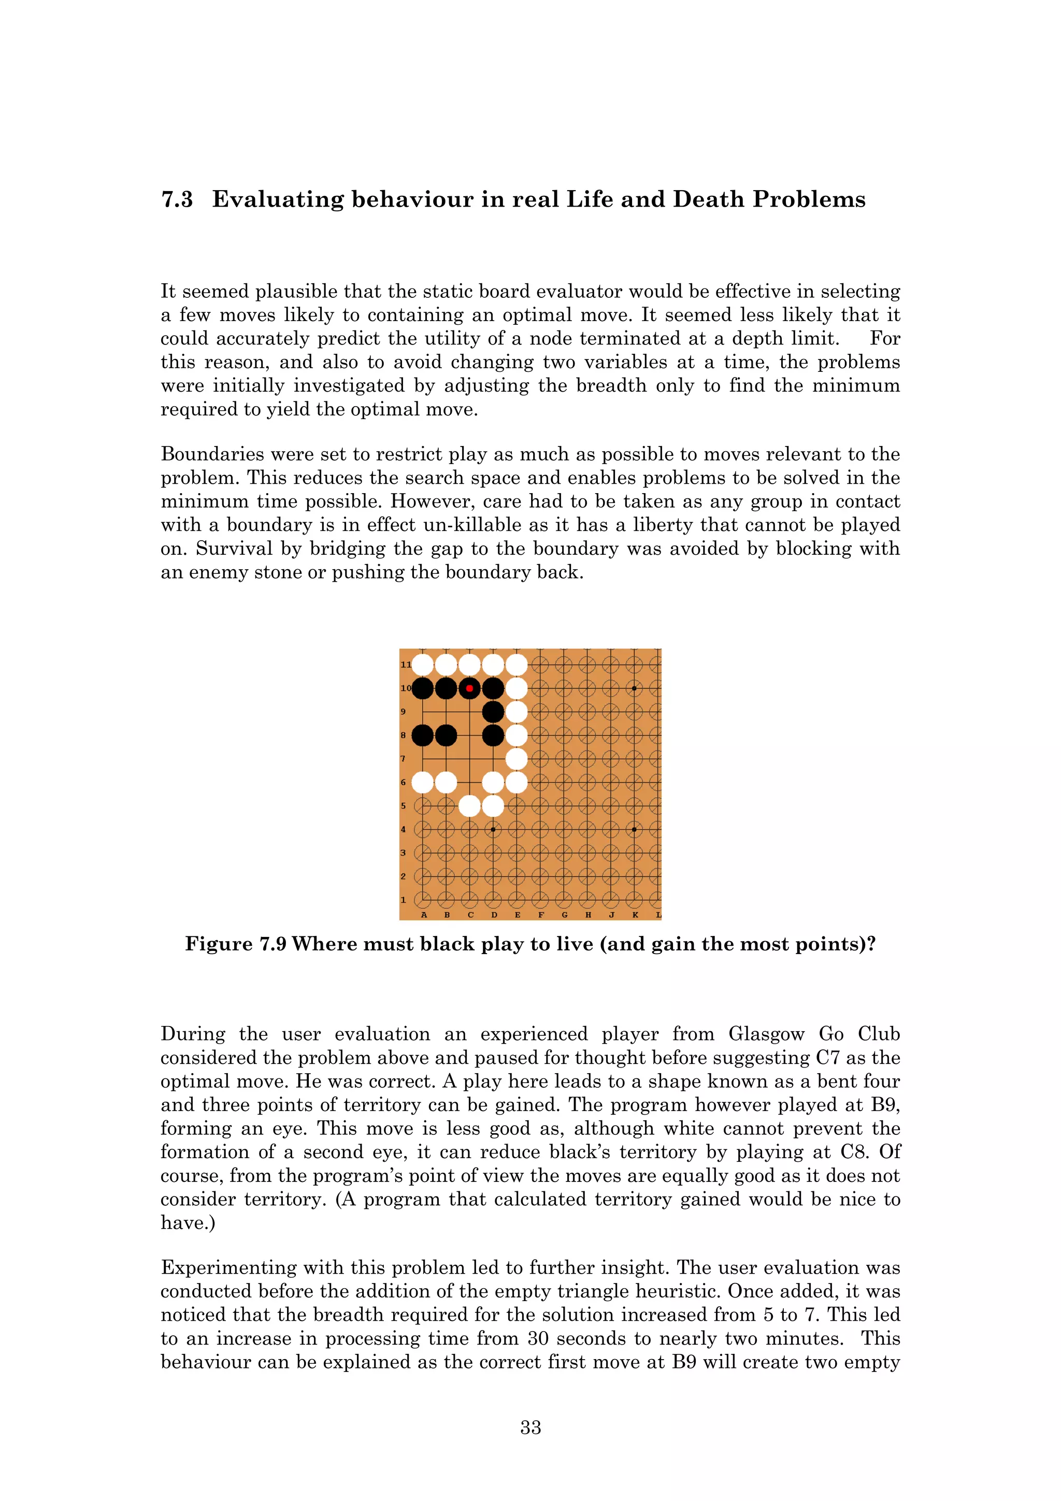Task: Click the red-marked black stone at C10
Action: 469,688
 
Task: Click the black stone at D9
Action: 493,712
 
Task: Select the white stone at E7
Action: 517,759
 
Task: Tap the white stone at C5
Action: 469,806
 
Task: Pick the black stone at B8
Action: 446,735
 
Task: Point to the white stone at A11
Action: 422,665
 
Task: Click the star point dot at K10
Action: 634,688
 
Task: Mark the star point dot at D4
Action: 493,830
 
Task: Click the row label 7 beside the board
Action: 404,759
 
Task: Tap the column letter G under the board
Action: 564,915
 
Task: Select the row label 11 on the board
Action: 405,665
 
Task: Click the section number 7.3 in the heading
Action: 177,199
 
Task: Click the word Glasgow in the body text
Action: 766,1034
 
